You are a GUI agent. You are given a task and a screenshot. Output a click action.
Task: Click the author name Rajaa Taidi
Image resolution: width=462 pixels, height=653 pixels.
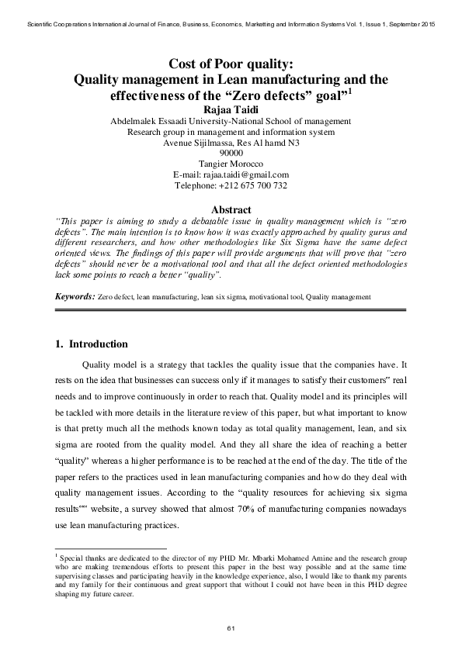pyautogui.click(x=231, y=109)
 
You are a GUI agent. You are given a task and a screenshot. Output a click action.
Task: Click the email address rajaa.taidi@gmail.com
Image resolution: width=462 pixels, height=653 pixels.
pyautogui.click(x=246, y=174)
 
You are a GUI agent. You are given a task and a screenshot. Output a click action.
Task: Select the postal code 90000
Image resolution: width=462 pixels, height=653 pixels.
pyautogui.click(x=231, y=153)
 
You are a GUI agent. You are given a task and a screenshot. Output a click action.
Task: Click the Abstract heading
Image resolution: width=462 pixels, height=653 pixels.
pyautogui.click(x=231, y=209)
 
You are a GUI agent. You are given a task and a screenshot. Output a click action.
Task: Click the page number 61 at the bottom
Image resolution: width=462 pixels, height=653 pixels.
pyautogui.click(x=231, y=627)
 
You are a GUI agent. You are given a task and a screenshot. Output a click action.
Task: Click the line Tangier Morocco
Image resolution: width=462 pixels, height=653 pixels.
pyautogui.click(x=231, y=164)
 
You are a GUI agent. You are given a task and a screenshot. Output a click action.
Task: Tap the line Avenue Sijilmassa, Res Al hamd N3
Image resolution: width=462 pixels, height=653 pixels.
pyautogui.click(x=231, y=142)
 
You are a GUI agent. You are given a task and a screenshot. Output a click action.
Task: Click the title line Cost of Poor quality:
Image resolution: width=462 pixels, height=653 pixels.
pyautogui.click(x=231, y=64)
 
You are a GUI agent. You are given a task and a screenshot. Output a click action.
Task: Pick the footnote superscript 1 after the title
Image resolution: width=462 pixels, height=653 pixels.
pyautogui.click(x=351, y=91)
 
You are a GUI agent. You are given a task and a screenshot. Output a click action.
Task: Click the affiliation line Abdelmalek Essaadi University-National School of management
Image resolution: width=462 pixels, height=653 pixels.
pyautogui.click(x=231, y=121)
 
